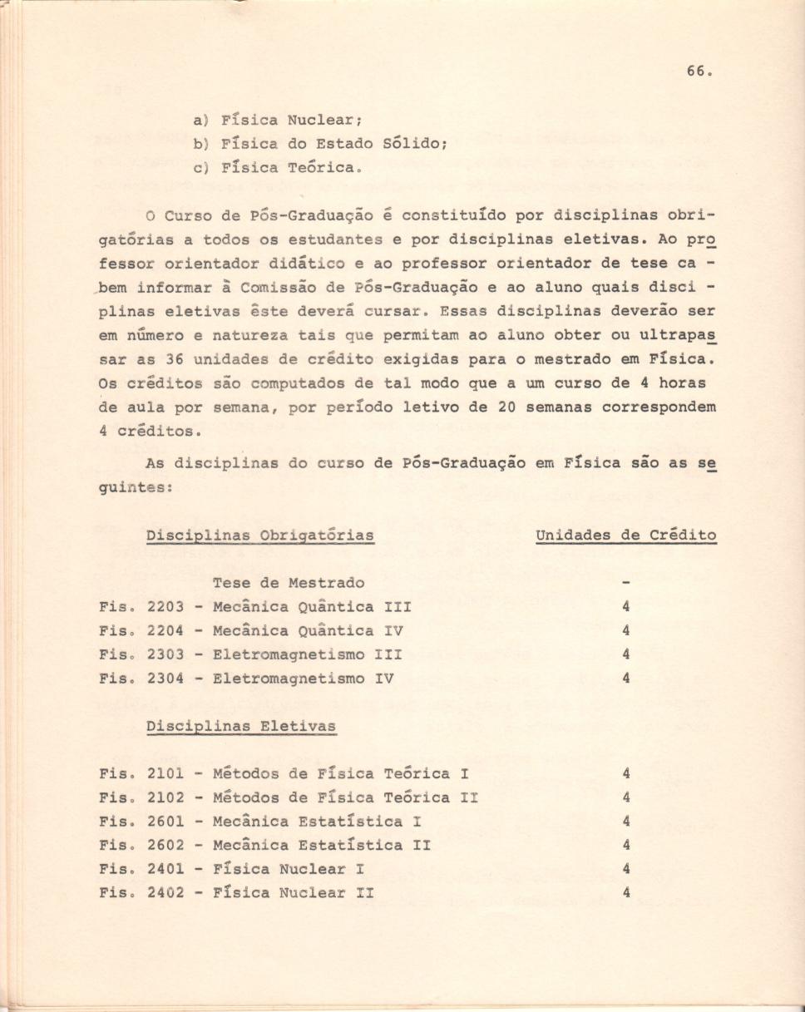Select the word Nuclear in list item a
click(322, 120)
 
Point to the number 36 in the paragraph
click(174, 360)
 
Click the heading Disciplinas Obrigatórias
click(259, 536)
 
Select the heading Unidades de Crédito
click(626, 536)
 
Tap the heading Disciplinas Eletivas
click(241, 726)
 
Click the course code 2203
click(165, 607)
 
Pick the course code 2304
click(165, 679)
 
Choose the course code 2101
click(165, 774)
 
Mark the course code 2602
click(165, 846)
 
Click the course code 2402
click(165, 893)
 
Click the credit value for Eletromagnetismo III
click(625, 654)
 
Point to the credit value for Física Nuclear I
click(625, 869)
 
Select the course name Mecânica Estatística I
click(317, 822)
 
